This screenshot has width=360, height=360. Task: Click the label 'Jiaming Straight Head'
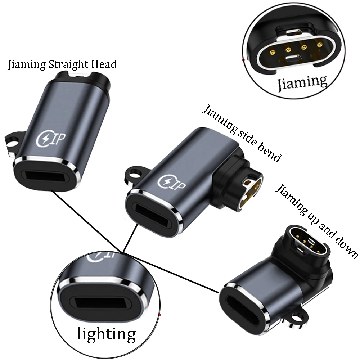pos(62,65)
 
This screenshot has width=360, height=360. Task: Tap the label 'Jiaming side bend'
pos(242,133)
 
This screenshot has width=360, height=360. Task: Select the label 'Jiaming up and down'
pos(317,222)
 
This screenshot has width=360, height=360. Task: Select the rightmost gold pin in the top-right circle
pos(319,44)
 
